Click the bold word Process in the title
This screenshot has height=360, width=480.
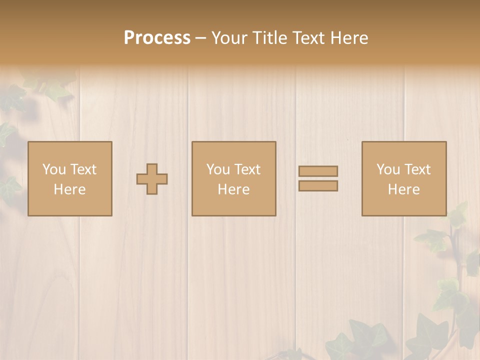coord(157,38)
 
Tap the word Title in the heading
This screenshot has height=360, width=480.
coord(270,38)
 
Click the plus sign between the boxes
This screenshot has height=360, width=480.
coord(152,179)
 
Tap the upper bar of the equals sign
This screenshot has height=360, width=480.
coord(318,171)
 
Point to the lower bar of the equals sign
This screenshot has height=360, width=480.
coord(318,186)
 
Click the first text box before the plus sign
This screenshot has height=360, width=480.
coord(70,178)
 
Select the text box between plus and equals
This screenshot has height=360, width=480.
coord(234,178)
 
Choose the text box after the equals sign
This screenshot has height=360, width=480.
coord(404,178)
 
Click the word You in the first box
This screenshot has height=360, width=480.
coord(54,169)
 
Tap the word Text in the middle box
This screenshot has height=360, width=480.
coord(248,169)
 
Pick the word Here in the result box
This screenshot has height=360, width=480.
coord(404,189)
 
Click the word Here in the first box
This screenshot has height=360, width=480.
coord(70,189)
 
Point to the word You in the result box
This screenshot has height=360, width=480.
coord(388,169)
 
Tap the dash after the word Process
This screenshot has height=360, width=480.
coord(201,38)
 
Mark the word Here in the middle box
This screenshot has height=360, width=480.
coord(234,189)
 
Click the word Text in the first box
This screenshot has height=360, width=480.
coord(84,169)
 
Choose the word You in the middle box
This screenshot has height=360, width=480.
coord(218,169)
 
